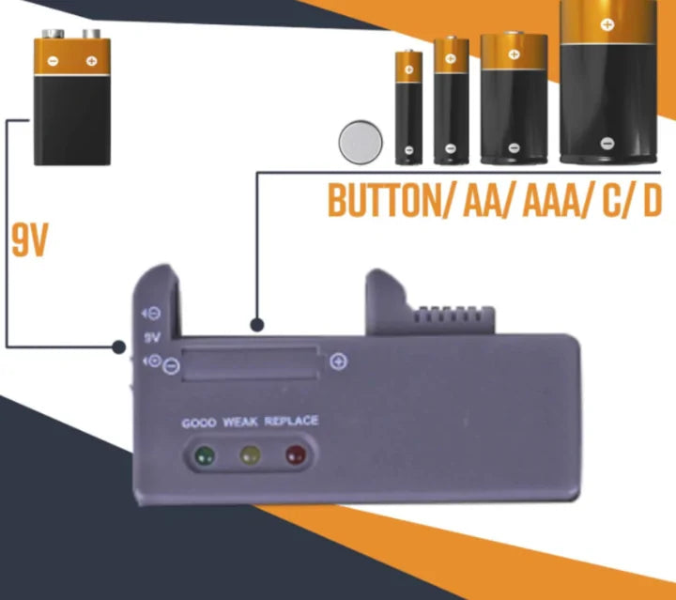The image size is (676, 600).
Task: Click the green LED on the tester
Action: coord(203,457)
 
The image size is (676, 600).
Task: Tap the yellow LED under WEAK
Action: coord(249,457)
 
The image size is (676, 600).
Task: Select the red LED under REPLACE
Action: coord(295,457)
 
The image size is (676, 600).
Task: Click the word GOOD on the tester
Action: coord(199,423)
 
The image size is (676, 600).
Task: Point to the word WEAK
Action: coord(240,423)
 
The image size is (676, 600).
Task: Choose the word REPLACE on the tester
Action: coord(291,421)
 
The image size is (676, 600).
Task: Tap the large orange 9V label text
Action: coord(29,240)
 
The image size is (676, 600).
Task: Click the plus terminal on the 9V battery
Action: coord(91,62)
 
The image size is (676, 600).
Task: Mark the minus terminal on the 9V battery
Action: coord(54,62)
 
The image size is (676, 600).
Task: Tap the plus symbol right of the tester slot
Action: coord(339,362)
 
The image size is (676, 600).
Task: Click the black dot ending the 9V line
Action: coord(119,346)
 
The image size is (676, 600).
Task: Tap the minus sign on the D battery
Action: coord(607,144)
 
